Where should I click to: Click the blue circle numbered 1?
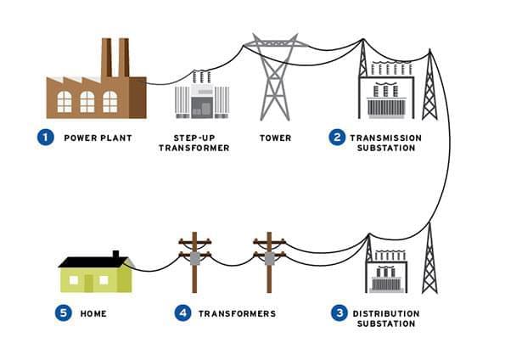[46, 138]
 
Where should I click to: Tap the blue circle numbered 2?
[337, 138]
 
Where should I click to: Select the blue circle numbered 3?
[339, 313]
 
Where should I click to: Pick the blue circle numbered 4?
[183, 313]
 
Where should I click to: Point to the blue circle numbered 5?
[64, 313]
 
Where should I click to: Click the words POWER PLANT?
[98, 138]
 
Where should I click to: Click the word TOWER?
[275, 138]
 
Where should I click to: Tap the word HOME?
[93, 313]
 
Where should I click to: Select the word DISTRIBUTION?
[386, 313]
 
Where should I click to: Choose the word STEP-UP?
[194, 138]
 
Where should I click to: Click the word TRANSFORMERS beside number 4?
[237, 313]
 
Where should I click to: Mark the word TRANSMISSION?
[386, 138]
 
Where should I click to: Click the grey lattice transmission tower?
[275, 76]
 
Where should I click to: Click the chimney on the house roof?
[116, 255]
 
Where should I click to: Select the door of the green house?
[88, 284]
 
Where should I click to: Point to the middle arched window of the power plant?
[87, 102]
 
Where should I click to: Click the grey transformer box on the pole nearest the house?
[195, 258]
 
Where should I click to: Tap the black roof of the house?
[93, 262]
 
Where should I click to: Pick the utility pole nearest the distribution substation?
[269, 262]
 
